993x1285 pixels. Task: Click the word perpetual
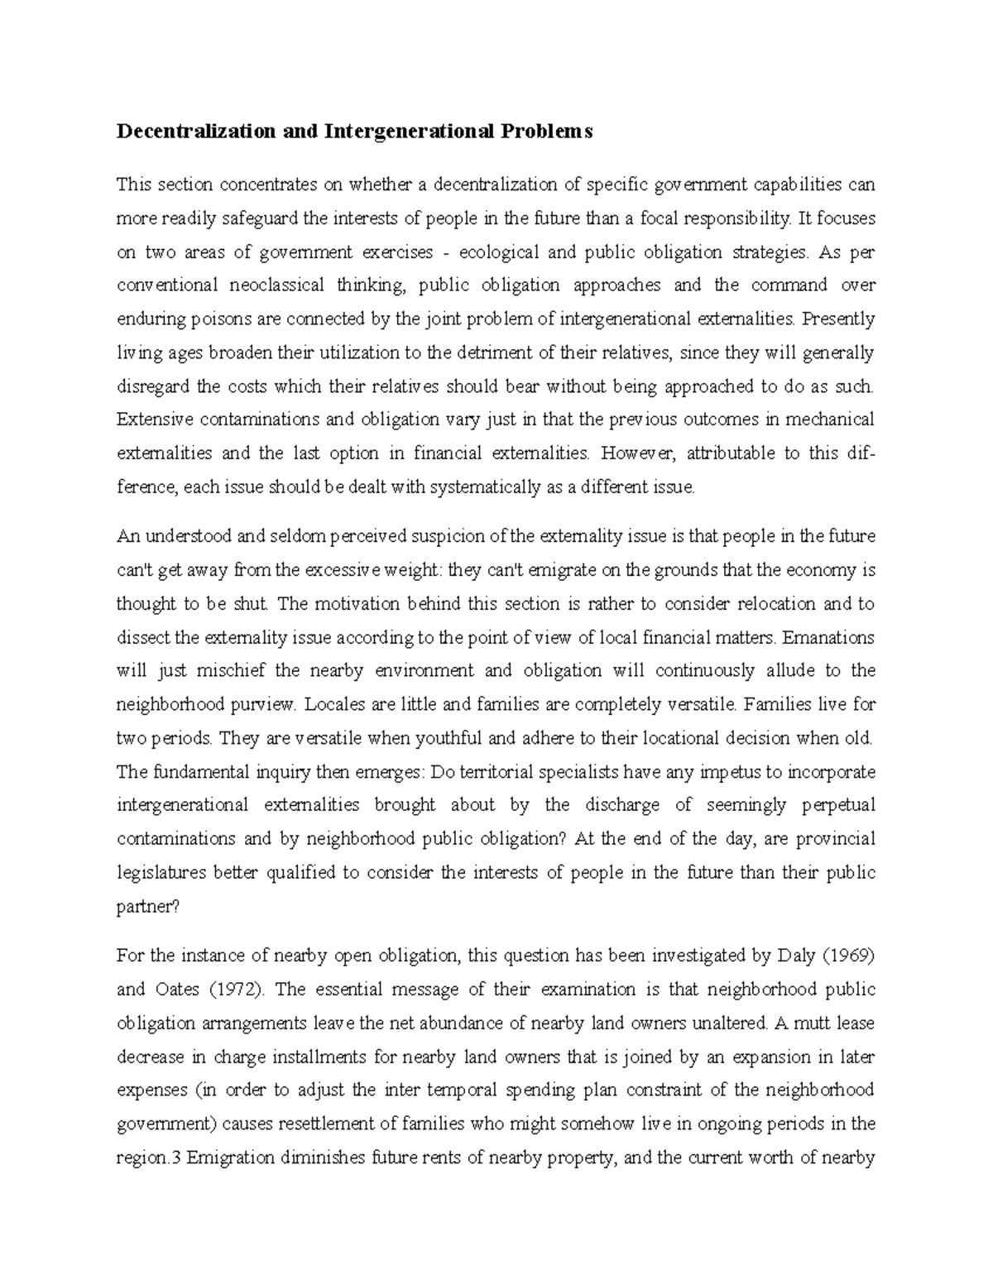[838, 805]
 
